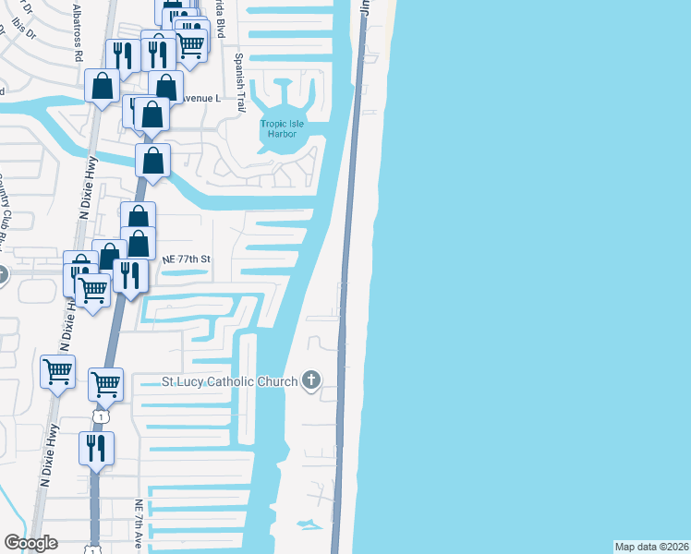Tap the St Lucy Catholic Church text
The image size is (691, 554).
(x=229, y=382)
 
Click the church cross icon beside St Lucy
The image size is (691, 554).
(x=312, y=380)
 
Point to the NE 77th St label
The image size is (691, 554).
(x=188, y=260)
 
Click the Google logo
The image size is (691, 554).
(x=30, y=543)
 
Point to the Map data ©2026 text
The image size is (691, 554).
(x=651, y=546)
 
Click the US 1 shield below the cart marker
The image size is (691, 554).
(x=102, y=417)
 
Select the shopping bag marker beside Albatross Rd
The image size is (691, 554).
(x=102, y=85)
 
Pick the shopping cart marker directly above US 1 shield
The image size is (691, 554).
(x=105, y=382)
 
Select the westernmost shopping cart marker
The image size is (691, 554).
(x=58, y=371)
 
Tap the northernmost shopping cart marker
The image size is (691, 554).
(x=190, y=42)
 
